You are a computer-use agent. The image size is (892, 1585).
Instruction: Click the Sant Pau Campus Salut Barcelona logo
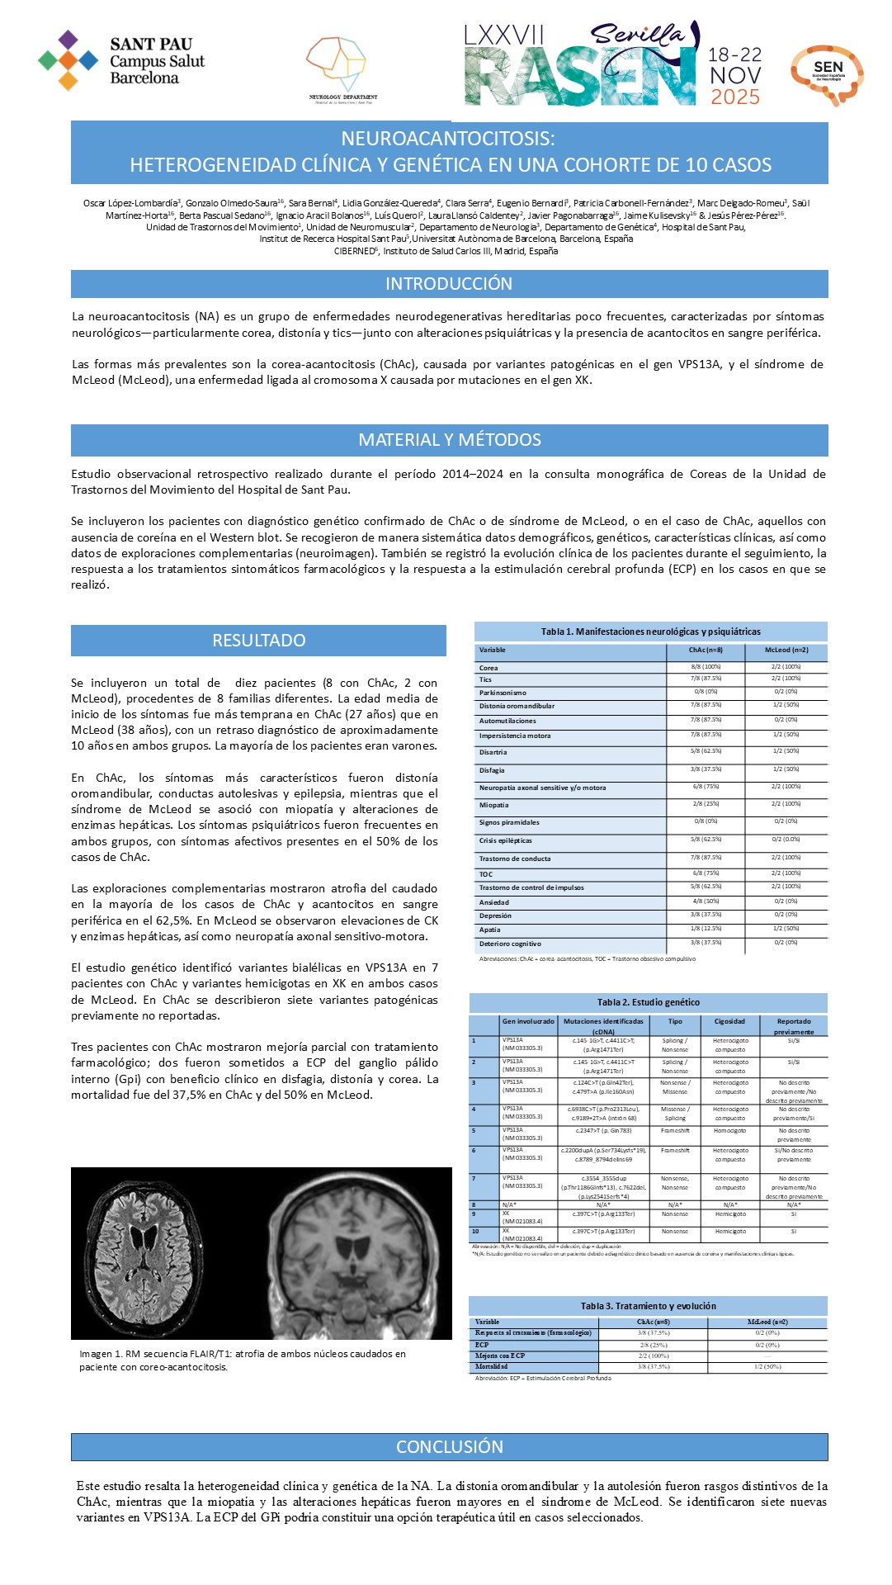tap(120, 60)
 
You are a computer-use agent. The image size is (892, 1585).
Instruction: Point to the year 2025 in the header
tap(734, 97)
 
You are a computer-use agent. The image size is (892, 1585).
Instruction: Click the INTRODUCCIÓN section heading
tap(449, 284)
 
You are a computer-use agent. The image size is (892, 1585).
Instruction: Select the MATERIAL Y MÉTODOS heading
tap(449, 440)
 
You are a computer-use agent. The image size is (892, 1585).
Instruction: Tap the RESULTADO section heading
tap(258, 641)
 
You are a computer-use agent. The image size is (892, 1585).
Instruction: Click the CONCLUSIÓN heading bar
tap(449, 1446)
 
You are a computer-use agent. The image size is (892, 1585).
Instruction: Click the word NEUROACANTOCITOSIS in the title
tap(448, 139)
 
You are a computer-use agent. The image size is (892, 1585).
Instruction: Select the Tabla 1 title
tap(650, 632)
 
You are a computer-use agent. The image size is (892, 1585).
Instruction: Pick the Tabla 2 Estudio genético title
tap(648, 1002)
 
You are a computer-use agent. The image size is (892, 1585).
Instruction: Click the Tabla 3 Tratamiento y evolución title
tap(648, 1306)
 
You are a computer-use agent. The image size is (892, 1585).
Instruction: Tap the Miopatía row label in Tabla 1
tap(494, 805)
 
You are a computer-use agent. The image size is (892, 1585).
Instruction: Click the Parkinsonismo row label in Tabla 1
tap(503, 693)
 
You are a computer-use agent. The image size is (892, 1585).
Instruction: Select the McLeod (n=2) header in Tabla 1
tap(786, 651)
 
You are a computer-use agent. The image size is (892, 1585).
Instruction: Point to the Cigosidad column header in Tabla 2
tap(729, 1021)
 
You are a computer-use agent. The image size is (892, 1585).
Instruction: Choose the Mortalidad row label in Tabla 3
tap(493, 1366)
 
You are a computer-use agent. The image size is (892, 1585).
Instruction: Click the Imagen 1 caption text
tap(242, 1360)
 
